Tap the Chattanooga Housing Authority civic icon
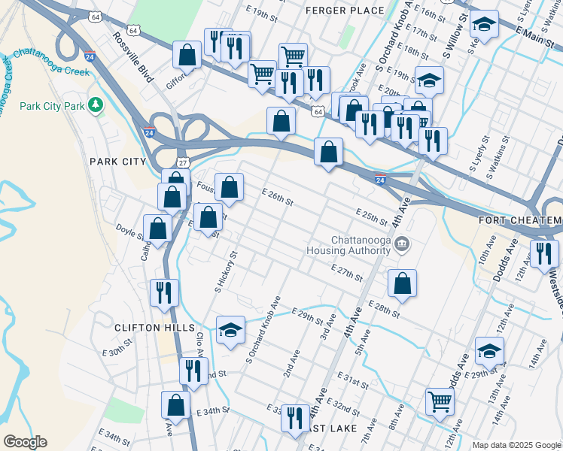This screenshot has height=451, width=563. pyautogui.click(x=402, y=244)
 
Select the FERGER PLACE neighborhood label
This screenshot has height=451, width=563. pyautogui.click(x=345, y=11)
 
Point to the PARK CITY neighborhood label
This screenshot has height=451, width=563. pyautogui.click(x=117, y=162)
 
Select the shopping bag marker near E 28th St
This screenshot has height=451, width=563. pyautogui.click(x=403, y=284)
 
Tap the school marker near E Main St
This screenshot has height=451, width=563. pyautogui.click(x=485, y=25)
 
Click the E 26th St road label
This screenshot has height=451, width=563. pyautogui.click(x=277, y=198)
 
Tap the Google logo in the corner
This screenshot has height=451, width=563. pyautogui.click(x=25, y=442)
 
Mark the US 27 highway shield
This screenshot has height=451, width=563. pyautogui.click(x=182, y=163)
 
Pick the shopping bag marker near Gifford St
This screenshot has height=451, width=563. pyautogui.click(x=187, y=56)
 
